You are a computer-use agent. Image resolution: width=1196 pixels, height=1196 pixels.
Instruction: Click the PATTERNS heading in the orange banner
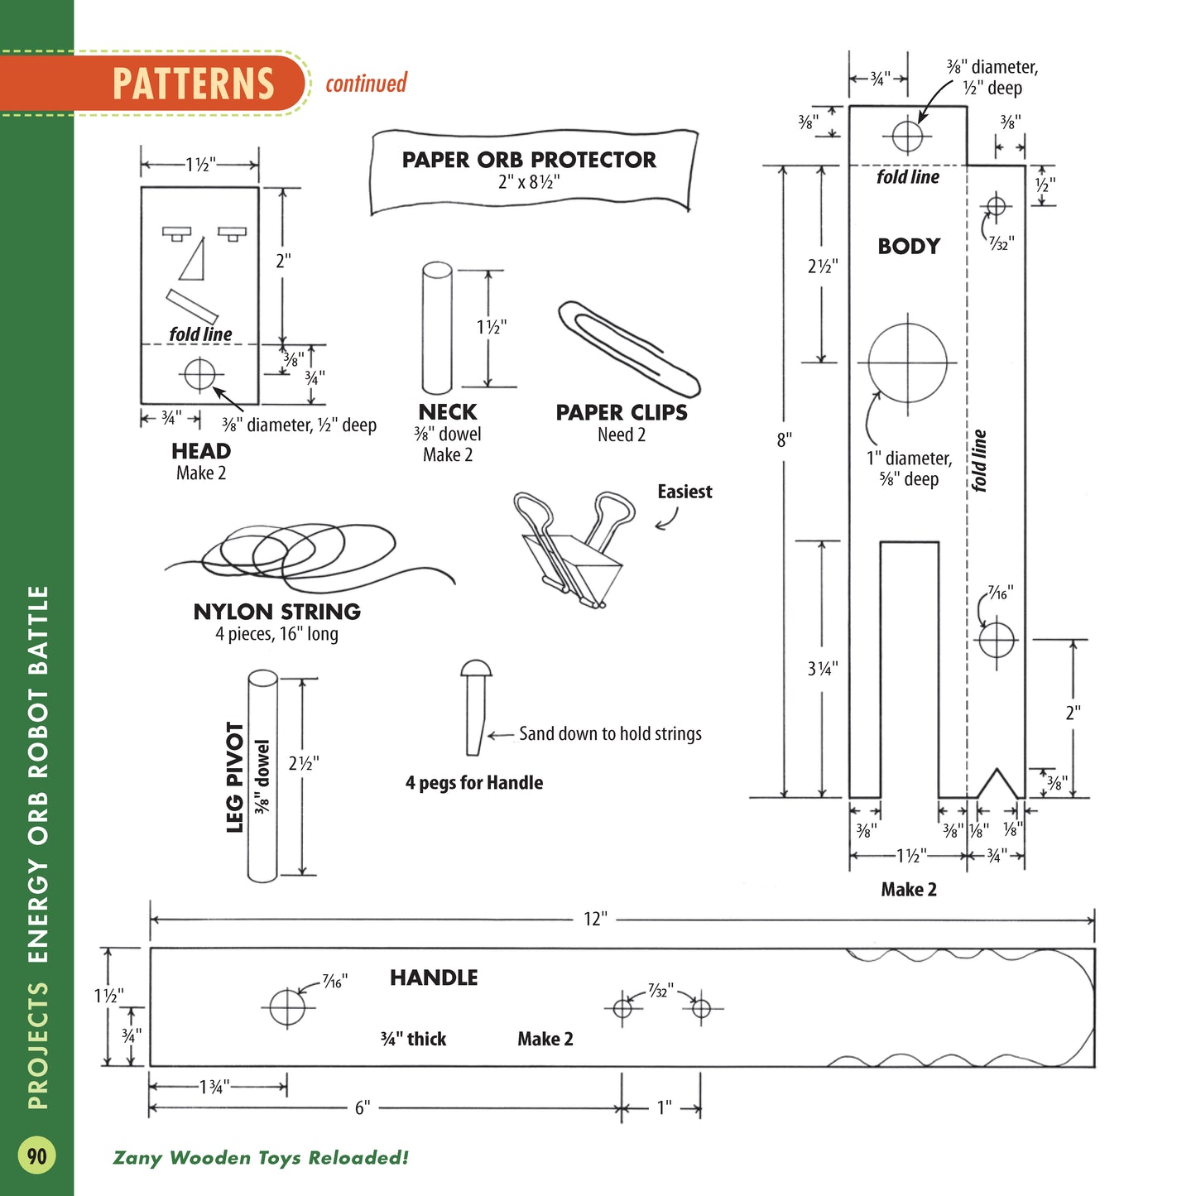click(x=193, y=84)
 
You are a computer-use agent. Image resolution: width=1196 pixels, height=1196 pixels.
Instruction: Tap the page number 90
click(x=37, y=1155)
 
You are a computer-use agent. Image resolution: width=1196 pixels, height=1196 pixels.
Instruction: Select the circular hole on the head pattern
click(x=199, y=374)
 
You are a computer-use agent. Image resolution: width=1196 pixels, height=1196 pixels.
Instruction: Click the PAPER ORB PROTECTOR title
click(x=529, y=160)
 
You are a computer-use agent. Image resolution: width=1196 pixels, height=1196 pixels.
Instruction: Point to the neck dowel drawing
click(x=436, y=329)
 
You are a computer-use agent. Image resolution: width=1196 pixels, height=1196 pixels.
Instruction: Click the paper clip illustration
click(x=628, y=348)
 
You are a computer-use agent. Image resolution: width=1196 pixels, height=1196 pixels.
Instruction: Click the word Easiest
click(x=684, y=492)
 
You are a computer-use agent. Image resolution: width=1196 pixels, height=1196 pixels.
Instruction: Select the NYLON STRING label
click(x=276, y=612)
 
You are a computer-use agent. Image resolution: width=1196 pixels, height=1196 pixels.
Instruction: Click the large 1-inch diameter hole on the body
click(x=908, y=363)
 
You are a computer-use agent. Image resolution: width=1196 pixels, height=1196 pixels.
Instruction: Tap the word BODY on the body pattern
click(x=909, y=246)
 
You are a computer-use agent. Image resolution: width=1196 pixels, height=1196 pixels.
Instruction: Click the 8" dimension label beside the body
click(x=784, y=439)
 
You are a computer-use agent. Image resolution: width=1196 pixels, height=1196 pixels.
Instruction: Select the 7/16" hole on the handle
click(x=287, y=1007)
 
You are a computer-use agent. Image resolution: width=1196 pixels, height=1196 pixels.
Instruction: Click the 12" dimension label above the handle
click(x=595, y=919)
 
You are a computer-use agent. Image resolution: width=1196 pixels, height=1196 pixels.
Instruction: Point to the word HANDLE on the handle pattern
click(x=434, y=977)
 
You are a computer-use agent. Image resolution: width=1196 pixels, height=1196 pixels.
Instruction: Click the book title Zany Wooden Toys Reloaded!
click(x=261, y=1157)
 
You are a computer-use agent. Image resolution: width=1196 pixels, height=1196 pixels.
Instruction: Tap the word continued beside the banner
click(x=366, y=84)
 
